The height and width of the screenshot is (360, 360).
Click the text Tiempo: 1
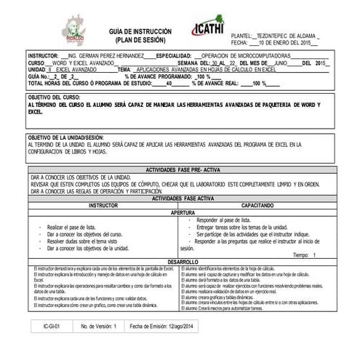tap(304, 255)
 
